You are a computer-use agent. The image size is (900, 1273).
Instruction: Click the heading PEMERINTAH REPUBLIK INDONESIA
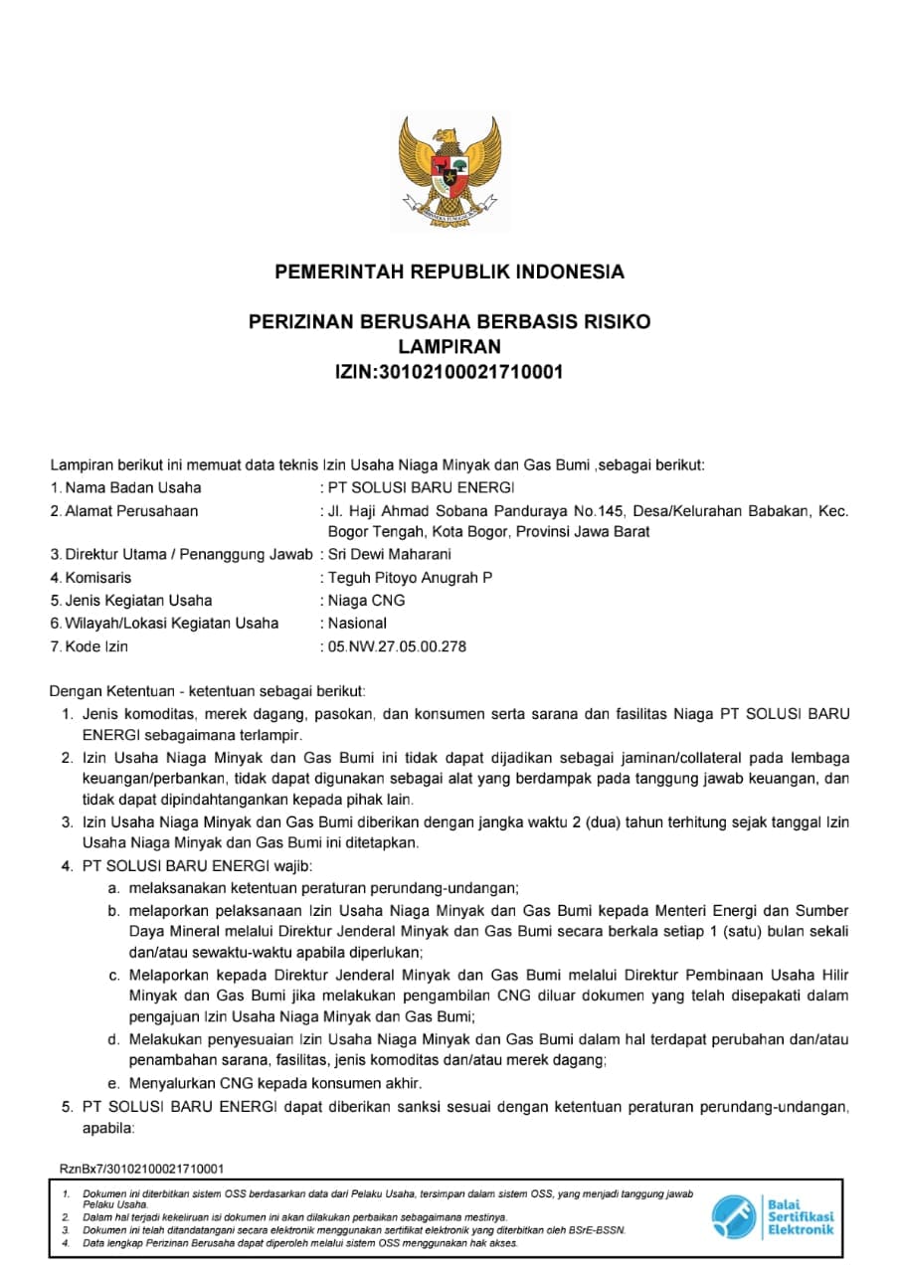pos(450,272)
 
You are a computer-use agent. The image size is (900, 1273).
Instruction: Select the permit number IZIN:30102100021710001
pos(450,373)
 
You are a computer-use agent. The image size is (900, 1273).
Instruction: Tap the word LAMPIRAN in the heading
pos(450,347)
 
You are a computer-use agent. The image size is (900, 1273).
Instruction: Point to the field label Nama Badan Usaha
pos(132,487)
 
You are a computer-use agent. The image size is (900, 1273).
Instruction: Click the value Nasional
pos(357,624)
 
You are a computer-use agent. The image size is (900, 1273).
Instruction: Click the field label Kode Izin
pos(96,646)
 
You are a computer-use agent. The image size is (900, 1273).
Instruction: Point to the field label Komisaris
pos(97,577)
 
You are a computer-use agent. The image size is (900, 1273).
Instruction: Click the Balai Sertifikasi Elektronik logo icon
pos(734,1216)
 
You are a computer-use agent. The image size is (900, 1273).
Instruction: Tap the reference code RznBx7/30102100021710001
pos(141,1169)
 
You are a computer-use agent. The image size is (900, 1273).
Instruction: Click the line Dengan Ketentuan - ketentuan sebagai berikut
pos(208,689)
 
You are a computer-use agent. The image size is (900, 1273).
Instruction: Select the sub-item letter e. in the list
pos(114,1083)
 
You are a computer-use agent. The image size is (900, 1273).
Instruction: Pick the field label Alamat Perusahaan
pos(131,511)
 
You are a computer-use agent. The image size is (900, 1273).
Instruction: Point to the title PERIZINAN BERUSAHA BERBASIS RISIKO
pos(450,322)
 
